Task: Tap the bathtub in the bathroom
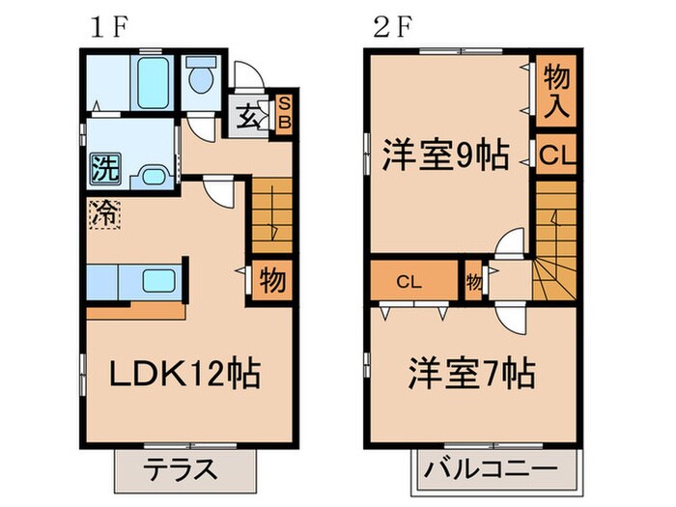pyautogui.click(x=152, y=83)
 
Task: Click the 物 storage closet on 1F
pyautogui.click(x=272, y=281)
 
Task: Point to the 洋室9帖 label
pyautogui.click(x=445, y=155)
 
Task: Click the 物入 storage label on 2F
pyautogui.click(x=556, y=89)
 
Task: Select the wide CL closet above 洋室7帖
pyautogui.click(x=408, y=282)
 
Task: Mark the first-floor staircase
pyautogui.click(x=271, y=216)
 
